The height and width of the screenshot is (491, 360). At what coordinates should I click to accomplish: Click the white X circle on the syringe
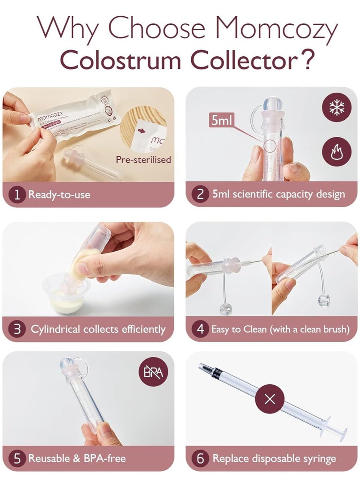tap(270, 399)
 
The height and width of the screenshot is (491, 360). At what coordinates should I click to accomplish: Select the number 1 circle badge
tap(17, 195)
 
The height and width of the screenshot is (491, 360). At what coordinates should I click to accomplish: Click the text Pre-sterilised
tap(143, 159)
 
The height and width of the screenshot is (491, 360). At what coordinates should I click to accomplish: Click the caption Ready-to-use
tap(59, 195)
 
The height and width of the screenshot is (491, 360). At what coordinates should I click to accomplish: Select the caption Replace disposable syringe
tap(274, 459)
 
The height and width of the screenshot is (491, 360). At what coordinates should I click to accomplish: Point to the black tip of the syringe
tap(201, 367)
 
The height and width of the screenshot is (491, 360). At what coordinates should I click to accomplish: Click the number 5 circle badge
tap(17, 459)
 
